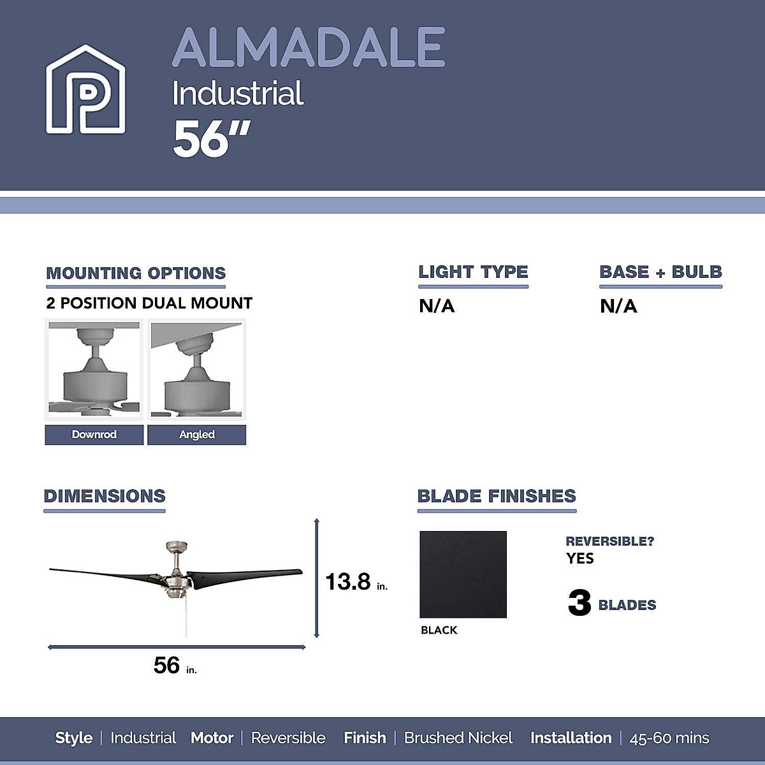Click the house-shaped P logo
pyautogui.click(x=85, y=89)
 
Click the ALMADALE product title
pyautogui.click(x=308, y=48)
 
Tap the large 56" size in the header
pyautogui.click(x=211, y=139)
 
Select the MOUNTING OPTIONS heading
pyautogui.click(x=136, y=273)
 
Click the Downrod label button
pyautogui.click(x=94, y=435)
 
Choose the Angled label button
pyautogui.click(x=196, y=435)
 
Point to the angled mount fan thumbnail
pyautogui.click(x=196, y=370)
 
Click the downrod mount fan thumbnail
pyautogui.click(x=94, y=370)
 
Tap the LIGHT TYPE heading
pyautogui.click(x=473, y=272)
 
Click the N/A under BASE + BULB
pyautogui.click(x=618, y=307)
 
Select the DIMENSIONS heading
pyautogui.click(x=105, y=496)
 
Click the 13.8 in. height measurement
pyautogui.click(x=356, y=582)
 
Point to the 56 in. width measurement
pyautogui.click(x=174, y=666)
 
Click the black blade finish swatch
pyautogui.click(x=463, y=574)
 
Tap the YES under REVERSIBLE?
pyautogui.click(x=579, y=558)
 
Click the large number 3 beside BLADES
pyautogui.click(x=579, y=602)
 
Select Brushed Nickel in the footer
pyautogui.click(x=458, y=738)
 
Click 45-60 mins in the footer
pyautogui.click(x=669, y=738)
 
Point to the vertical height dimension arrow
pyautogui.click(x=317, y=578)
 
